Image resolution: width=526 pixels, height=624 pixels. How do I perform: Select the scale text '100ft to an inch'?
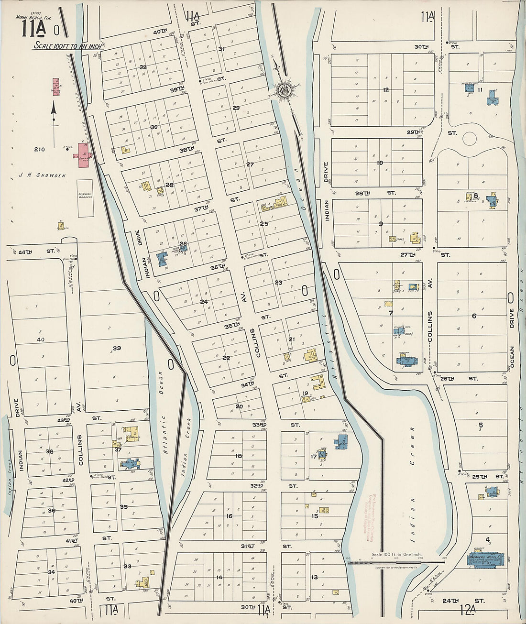(x=68, y=46)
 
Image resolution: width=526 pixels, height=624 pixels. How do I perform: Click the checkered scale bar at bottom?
(x=397, y=563)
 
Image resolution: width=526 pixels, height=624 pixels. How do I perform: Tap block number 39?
(x=116, y=348)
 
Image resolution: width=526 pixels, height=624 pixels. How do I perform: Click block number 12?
(x=385, y=89)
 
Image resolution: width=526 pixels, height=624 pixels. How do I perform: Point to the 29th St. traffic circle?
(x=470, y=139)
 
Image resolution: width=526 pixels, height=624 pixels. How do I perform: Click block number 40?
(x=41, y=339)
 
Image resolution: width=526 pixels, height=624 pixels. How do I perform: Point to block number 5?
(x=481, y=425)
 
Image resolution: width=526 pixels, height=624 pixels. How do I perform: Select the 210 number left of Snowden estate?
(x=39, y=150)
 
